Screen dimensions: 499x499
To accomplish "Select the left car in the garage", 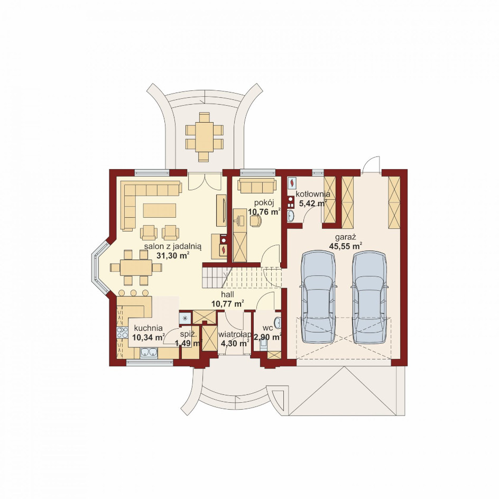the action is (318, 297).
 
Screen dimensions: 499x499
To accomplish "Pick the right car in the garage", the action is (369, 297).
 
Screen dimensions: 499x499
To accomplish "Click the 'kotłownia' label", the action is (313, 194).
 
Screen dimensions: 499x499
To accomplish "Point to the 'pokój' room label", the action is (264, 203).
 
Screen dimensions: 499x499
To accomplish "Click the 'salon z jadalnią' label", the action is (173, 246).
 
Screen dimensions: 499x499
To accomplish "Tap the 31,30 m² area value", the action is (173, 255).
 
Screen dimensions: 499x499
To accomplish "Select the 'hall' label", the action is (227, 295).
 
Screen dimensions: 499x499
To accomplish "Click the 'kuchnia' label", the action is (149, 328).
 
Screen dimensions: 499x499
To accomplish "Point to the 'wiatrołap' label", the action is (235, 335).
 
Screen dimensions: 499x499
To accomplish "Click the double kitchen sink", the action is (149, 352).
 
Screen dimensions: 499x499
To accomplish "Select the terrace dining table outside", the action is (204, 137).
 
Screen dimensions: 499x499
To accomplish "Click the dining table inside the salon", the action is (136, 267).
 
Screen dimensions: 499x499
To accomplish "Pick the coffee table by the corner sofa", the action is (160, 210).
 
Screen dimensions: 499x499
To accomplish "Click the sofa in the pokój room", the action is (256, 186).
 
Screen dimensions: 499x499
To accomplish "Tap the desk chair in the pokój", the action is (255, 221).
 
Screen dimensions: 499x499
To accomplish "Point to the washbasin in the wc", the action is (278, 322).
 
